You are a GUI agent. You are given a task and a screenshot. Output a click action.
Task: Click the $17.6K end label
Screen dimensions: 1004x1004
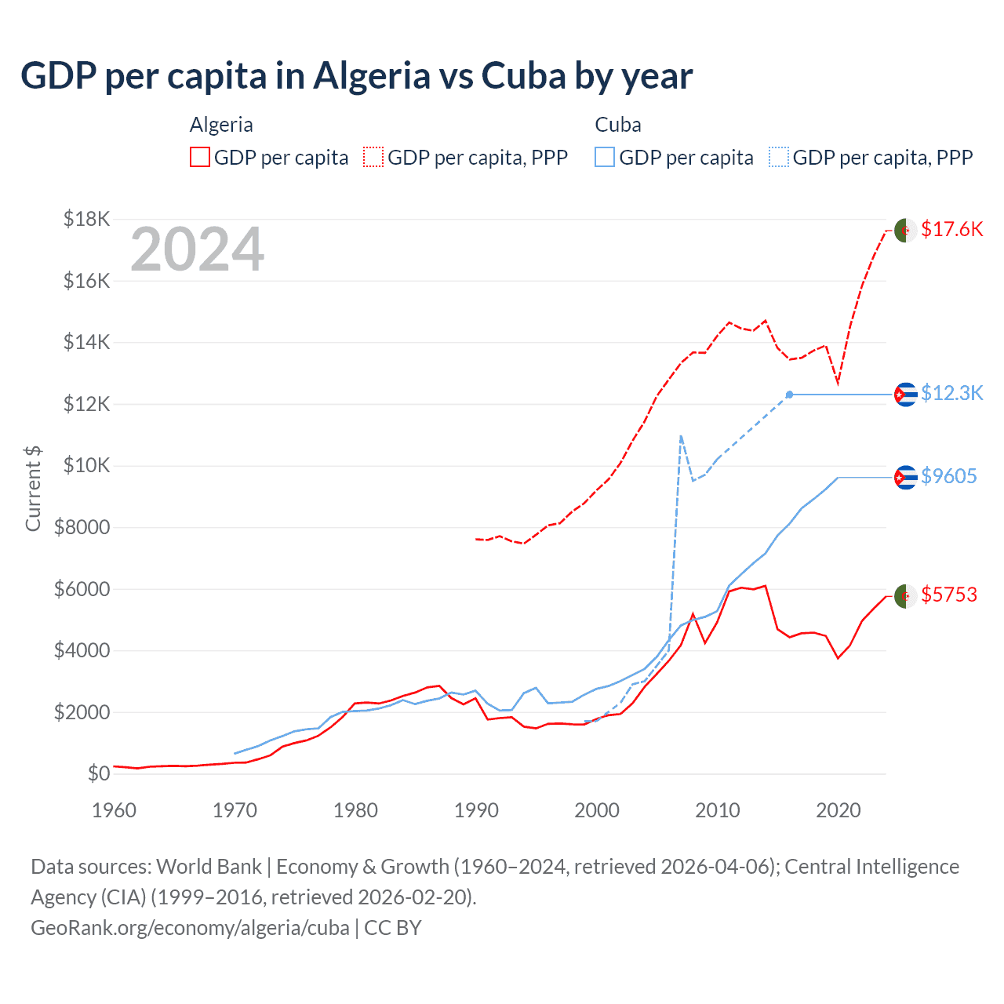pyautogui.click(x=951, y=229)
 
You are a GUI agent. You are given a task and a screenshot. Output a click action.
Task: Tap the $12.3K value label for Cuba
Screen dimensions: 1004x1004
pyautogui.click(x=951, y=393)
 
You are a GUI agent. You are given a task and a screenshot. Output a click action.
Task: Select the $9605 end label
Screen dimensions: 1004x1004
pyautogui.click(x=948, y=476)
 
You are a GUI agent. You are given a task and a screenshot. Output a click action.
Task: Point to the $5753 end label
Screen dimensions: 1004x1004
pyautogui.click(x=948, y=595)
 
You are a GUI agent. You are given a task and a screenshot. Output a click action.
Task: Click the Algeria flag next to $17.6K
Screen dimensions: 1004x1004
pyautogui.click(x=905, y=231)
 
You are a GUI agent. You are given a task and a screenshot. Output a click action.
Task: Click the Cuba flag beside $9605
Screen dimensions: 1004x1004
pyautogui.click(x=905, y=477)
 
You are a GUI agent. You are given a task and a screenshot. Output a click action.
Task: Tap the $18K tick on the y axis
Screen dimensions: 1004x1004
pyautogui.click(x=87, y=219)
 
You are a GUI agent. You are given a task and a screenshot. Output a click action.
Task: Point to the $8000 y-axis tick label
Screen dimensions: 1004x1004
pyautogui.click(x=82, y=527)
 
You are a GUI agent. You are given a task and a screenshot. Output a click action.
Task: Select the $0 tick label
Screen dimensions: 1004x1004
pyautogui.click(x=99, y=773)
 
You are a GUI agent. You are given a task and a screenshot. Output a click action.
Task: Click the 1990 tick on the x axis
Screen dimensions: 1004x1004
pyautogui.click(x=476, y=810)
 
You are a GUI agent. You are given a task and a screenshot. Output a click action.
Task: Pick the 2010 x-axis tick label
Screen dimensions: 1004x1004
pyautogui.click(x=717, y=810)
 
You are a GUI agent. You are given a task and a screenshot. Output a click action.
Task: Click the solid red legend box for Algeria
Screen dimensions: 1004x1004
pyautogui.click(x=200, y=157)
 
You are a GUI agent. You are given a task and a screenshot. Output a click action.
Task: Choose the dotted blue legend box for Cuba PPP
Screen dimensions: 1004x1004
pyautogui.click(x=779, y=157)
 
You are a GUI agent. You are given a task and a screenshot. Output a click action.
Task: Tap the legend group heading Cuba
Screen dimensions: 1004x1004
pyautogui.click(x=617, y=125)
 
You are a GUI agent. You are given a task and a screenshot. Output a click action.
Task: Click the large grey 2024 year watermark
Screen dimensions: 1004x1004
pyautogui.click(x=197, y=249)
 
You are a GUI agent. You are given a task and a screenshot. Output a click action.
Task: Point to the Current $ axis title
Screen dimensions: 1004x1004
pyautogui.click(x=33, y=488)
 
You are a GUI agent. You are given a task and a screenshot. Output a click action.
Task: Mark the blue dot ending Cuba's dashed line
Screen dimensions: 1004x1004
pyautogui.click(x=789, y=395)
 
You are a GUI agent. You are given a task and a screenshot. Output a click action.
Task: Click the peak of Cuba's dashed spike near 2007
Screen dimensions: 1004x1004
pyautogui.click(x=681, y=436)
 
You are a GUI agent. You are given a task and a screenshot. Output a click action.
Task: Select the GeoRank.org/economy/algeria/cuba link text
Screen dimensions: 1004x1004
pyautogui.click(x=190, y=927)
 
